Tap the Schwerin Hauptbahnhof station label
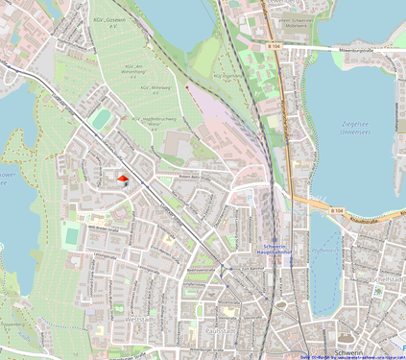pos(275,248)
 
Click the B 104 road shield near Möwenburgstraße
pos(275,45)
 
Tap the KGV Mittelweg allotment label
pos(156,87)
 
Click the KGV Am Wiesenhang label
pos(133,69)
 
